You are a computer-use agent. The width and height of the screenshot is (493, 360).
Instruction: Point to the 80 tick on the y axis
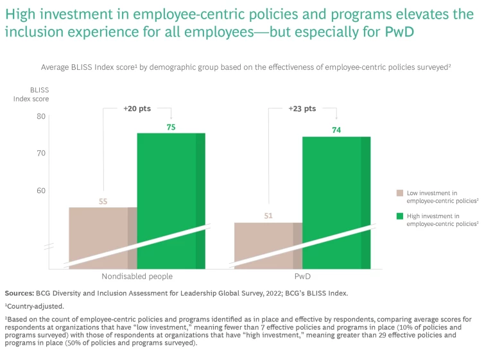(x=41, y=116)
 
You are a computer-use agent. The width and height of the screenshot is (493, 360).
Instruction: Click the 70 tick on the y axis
(x=41, y=153)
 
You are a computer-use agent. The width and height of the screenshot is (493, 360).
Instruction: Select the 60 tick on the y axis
(x=41, y=191)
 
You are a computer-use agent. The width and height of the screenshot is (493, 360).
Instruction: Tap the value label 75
(x=171, y=128)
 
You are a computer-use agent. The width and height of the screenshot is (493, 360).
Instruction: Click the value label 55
(x=103, y=201)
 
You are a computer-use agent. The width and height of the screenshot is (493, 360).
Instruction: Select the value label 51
(x=268, y=216)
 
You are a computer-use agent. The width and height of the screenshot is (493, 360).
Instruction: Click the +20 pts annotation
(x=137, y=109)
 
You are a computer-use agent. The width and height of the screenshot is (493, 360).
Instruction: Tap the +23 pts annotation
(x=302, y=109)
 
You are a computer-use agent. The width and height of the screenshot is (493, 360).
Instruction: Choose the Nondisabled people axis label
(x=137, y=276)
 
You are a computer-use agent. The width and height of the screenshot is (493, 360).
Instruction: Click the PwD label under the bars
(x=302, y=276)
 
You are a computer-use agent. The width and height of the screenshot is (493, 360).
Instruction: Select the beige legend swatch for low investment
(x=399, y=193)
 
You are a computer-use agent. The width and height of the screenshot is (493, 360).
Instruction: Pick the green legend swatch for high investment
(x=399, y=216)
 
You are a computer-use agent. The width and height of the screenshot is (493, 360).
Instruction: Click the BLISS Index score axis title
(x=30, y=94)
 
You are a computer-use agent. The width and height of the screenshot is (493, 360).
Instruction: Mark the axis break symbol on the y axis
(x=49, y=246)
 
